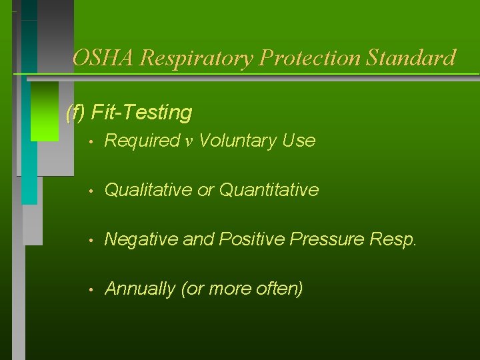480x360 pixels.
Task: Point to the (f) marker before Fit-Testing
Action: [76, 113]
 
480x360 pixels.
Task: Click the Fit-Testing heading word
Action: [141, 113]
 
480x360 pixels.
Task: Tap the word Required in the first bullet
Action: [142, 141]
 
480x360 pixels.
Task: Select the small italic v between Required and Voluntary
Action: [189, 141]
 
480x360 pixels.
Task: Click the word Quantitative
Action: [269, 190]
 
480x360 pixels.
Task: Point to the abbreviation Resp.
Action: [397, 239]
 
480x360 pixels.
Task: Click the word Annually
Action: [139, 289]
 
